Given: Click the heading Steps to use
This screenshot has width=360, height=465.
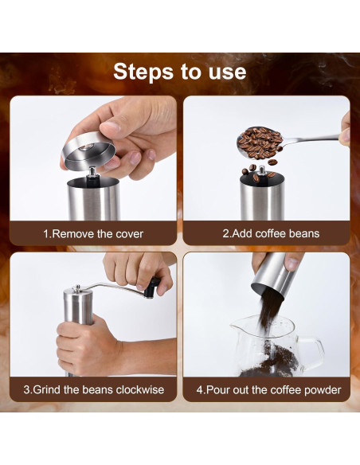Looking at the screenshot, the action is (x=180, y=72).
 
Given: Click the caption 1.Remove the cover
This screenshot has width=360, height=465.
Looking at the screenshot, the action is (x=93, y=234).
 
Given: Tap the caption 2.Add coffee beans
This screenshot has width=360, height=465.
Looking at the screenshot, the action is (x=271, y=233).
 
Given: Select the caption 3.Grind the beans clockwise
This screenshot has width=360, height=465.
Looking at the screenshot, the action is (x=94, y=389).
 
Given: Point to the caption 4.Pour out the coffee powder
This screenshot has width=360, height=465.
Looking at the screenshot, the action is (x=268, y=389).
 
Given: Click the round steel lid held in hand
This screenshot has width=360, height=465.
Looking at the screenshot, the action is (x=88, y=151).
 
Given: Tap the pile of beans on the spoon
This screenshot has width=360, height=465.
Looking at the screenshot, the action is (x=260, y=143).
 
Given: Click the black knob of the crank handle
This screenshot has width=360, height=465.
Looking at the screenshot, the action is (x=152, y=287).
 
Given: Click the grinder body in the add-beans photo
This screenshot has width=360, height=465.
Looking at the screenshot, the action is (x=262, y=197).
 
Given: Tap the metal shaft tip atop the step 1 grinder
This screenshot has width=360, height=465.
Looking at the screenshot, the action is (x=93, y=171).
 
